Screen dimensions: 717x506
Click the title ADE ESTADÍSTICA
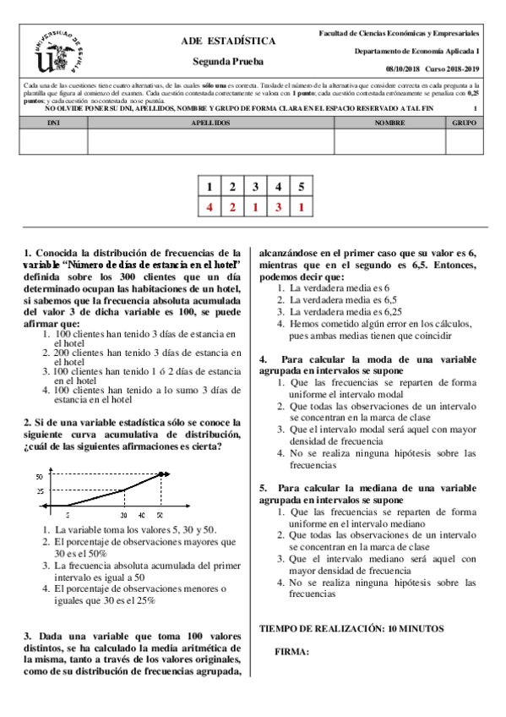click(228, 41)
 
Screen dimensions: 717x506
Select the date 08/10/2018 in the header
click(403, 68)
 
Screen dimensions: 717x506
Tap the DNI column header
click(52, 123)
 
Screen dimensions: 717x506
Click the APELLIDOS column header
click(210, 123)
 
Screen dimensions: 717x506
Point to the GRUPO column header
click(464, 123)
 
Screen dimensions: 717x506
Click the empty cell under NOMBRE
click(389, 142)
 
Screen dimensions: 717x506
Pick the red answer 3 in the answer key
click(278, 206)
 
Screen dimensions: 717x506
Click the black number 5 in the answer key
click(301, 187)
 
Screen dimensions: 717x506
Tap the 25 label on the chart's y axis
click(38, 491)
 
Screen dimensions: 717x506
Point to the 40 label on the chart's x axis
click(141, 513)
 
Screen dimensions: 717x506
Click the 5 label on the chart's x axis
click(68, 513)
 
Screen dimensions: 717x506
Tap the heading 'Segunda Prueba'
click(228, 62)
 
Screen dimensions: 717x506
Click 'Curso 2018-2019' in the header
click(453, 68)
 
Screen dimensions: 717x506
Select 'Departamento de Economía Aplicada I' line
click(417, 52)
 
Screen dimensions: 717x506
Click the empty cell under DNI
click(52, 142)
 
